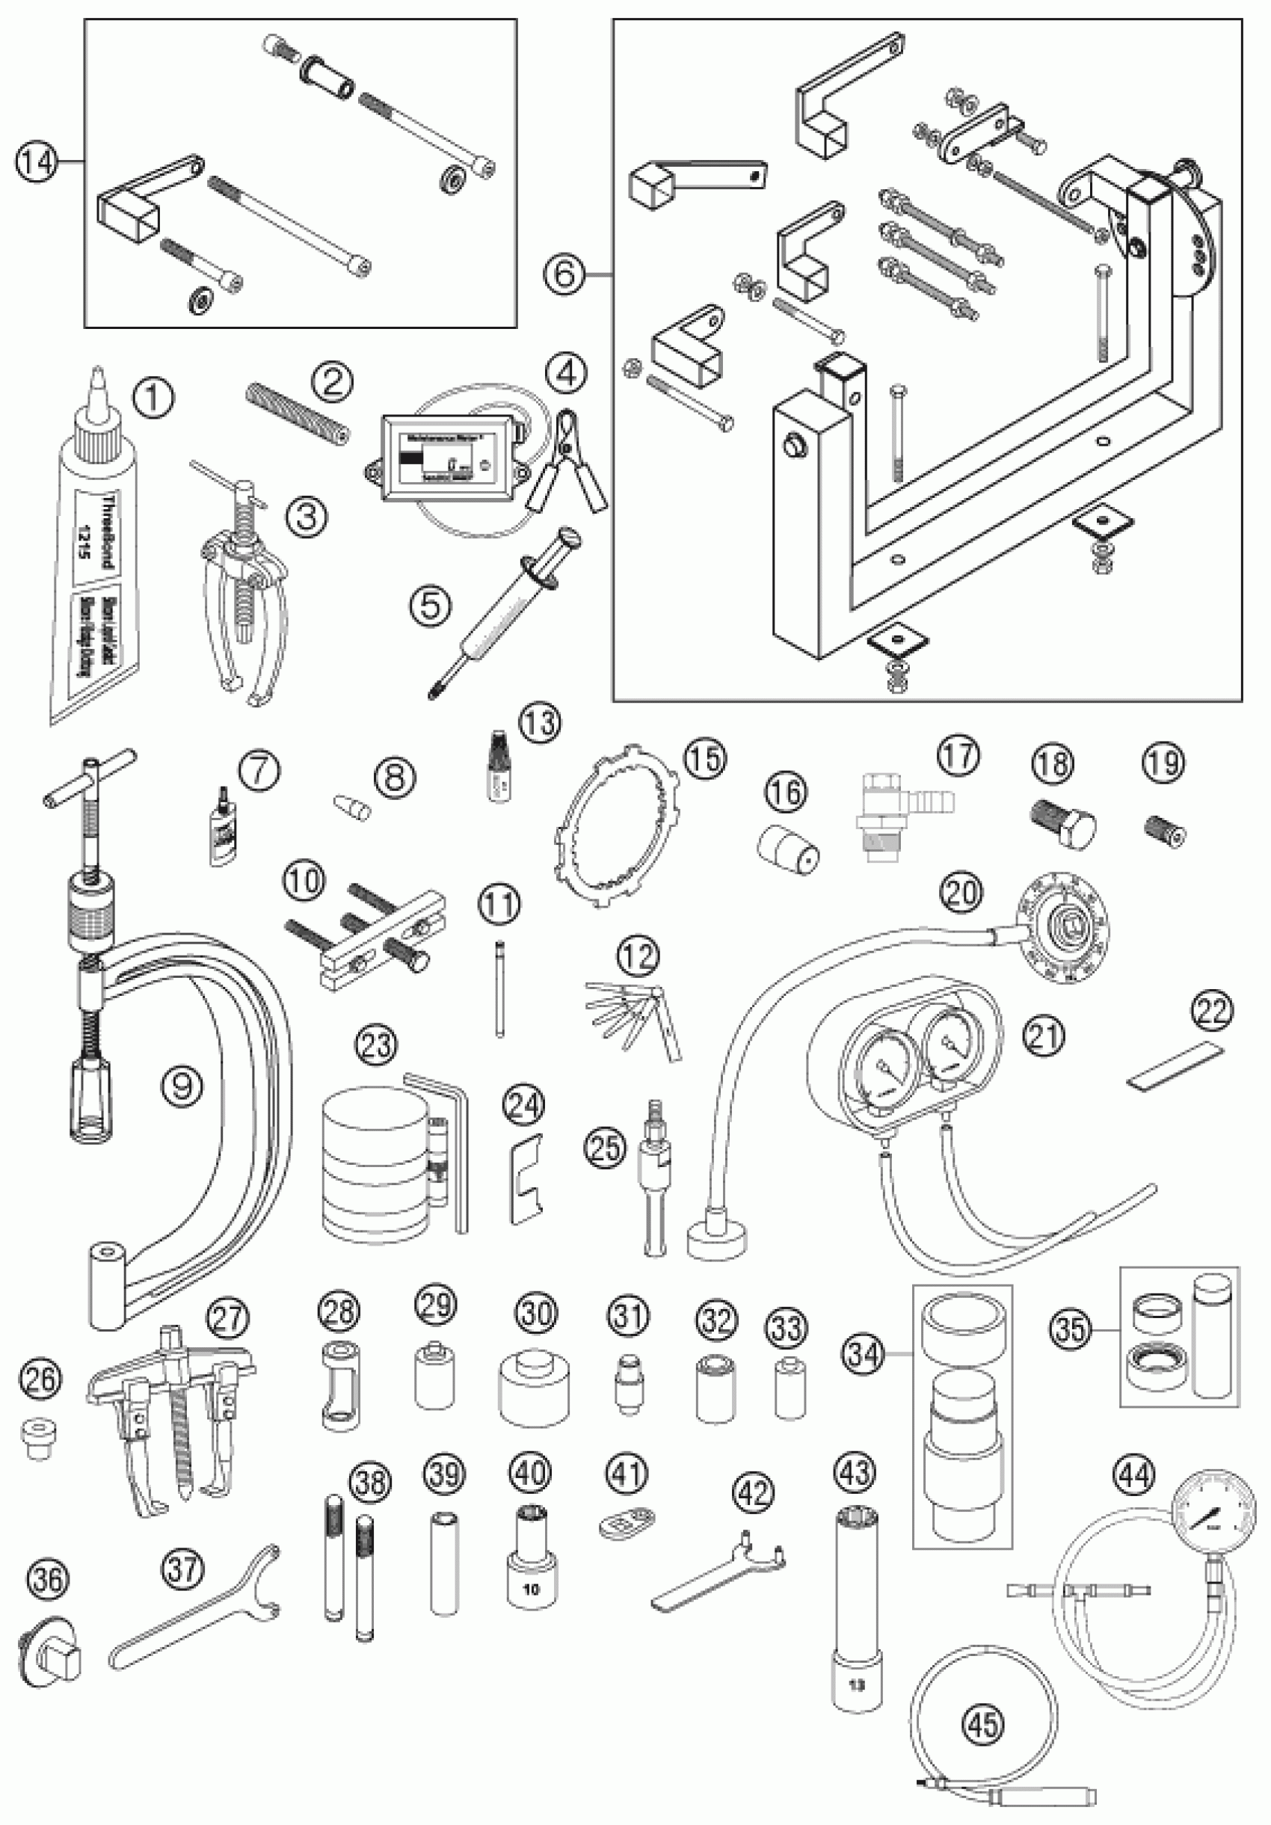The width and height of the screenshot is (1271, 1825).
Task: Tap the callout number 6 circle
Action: [564, 274]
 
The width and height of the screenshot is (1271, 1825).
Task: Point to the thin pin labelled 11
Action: [499, 985]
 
